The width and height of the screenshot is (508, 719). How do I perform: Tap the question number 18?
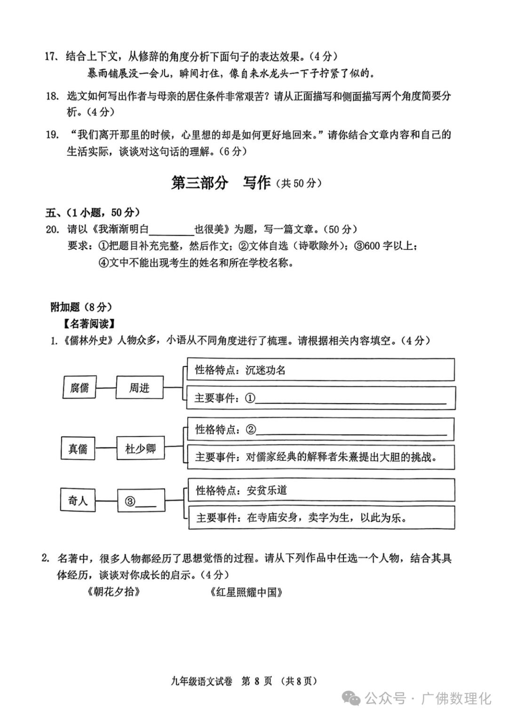(x=52, y=96)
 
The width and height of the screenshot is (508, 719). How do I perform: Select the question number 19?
(x=52, y=135)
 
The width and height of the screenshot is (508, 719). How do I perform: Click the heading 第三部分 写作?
(x=221, y=183)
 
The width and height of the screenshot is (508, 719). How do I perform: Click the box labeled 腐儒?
(x=79, y=388)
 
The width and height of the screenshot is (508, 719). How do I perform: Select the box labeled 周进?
(x=139, y=388)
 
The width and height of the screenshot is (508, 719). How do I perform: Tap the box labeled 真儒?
(x=78, y=449)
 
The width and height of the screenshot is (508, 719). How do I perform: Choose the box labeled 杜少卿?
(x=140, y=449)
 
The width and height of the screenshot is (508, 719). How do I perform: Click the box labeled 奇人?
(x=78, y=501)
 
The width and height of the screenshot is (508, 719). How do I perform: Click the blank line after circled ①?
(x=351, y=399)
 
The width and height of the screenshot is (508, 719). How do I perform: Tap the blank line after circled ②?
(x=351, y=430)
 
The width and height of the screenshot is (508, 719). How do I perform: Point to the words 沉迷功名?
(x=266, y=370)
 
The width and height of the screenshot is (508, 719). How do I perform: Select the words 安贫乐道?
(x=267, y=490)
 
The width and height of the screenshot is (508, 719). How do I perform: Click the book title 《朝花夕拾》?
(x=113, y=592)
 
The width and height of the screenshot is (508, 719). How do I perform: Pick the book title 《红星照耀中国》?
(x=246, y=592)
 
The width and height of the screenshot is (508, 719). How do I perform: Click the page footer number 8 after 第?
(x=257, y=681)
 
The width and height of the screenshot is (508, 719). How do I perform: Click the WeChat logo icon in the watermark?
(x=351, y=698)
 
